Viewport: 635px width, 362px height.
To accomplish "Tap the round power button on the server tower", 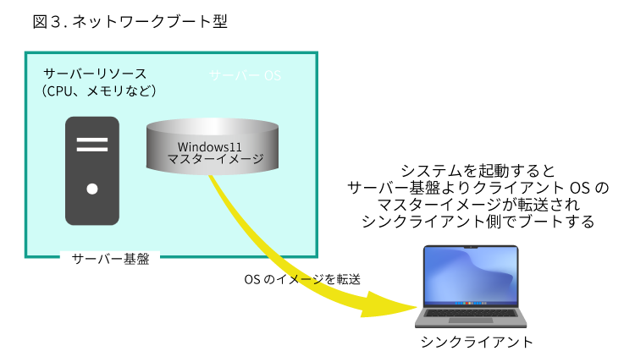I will [x=92, y=189].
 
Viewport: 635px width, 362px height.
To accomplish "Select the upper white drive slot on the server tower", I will [x=92, y=139].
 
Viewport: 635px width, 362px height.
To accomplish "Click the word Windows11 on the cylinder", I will [x=210, y=146].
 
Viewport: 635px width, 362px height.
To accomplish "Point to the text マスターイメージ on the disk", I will [x=215, y=159].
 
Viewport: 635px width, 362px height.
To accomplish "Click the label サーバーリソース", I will [x=95, y=74].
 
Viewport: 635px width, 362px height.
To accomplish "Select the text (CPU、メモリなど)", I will [x=99, y=90].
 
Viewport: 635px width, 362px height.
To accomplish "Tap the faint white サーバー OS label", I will [x=246, y=75].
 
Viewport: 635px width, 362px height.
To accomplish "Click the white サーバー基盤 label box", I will [x=110, y=260].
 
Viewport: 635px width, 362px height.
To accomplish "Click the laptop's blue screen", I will [x=471, y=272].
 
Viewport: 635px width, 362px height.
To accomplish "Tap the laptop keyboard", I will [x=471, y=312].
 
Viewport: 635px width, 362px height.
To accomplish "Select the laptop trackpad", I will [x=471, y=321].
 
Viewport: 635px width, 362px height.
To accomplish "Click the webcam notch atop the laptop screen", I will [x=471, y=247].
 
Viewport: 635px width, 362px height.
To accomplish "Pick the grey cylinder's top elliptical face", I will [x=213, y=128].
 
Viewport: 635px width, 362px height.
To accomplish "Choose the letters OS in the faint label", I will [x=272, y=75].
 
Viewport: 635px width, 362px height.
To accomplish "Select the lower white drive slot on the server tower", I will [x=92, y=149].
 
